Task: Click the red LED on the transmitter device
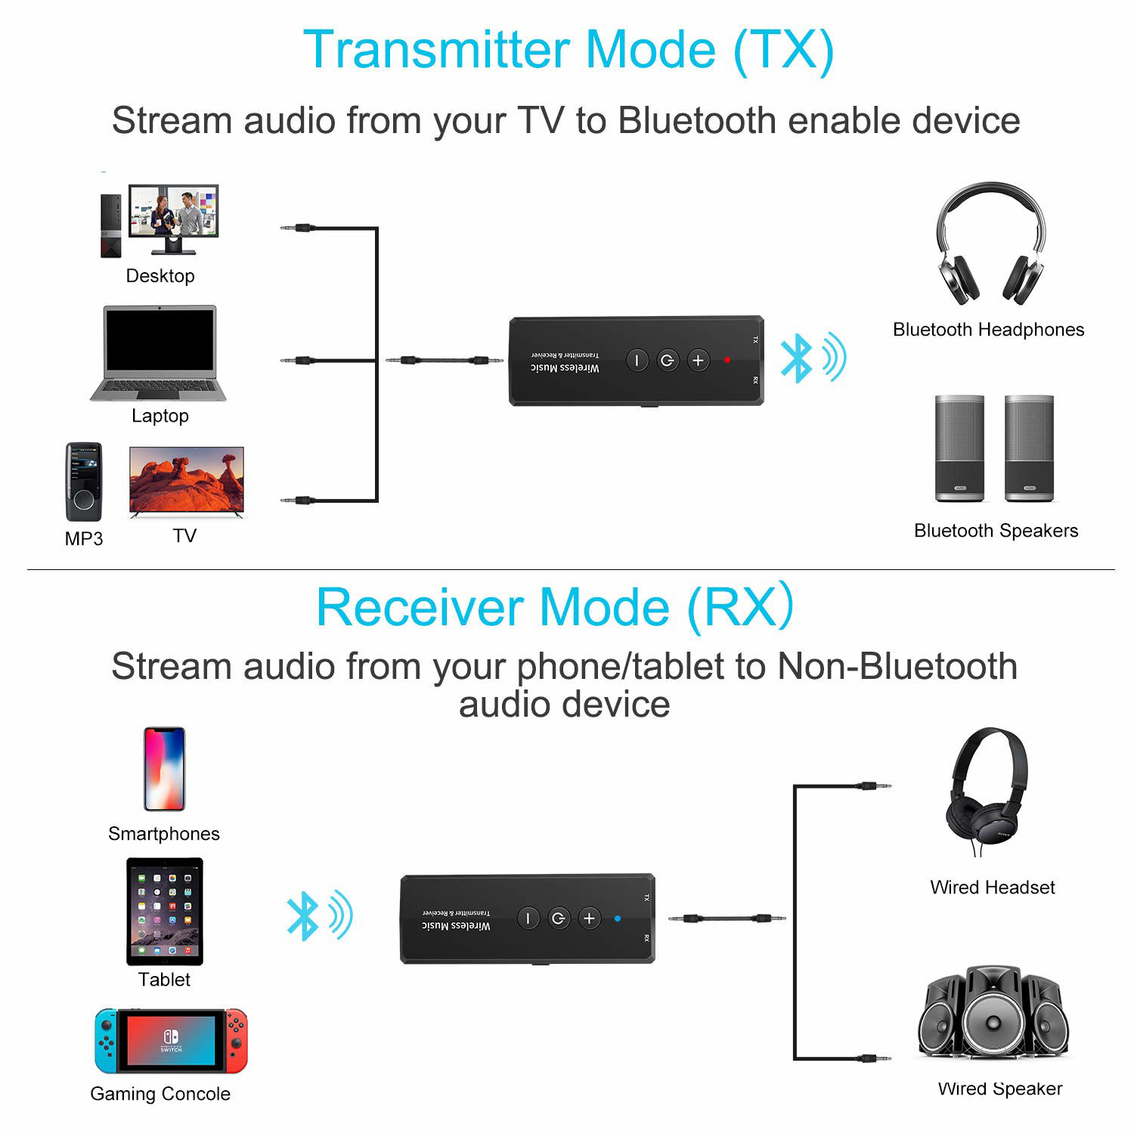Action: [727, 360]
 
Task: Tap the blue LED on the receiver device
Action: [618, 919]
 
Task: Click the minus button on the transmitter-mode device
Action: [637, 361]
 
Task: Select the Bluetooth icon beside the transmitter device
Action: [796, 358]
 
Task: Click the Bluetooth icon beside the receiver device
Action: [302, 916]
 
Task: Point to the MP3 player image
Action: [83, 482]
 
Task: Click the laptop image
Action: [159, 353]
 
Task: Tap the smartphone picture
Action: [164, 769]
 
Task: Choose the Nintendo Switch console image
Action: [171, 1041]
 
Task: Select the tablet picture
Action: [165, 911]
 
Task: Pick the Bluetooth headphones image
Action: [990, 243]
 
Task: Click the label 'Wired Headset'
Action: [992, 888]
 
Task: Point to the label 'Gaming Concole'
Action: [160, 1094]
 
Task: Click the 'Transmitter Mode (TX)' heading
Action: [569, 50]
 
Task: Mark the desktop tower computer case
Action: [111, 225]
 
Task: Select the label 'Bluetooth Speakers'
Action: [996, 531]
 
